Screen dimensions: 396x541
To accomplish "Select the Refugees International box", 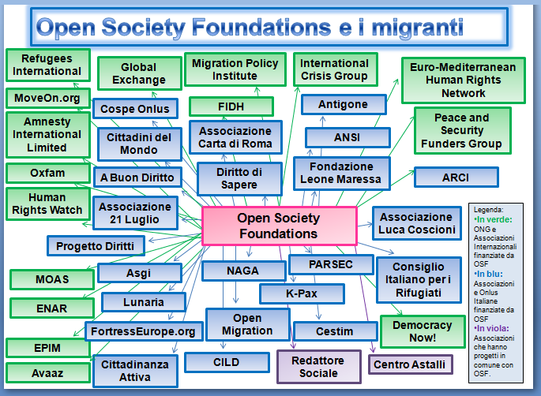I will pos(46,65).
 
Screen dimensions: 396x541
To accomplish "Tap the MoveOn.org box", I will pos(47,99).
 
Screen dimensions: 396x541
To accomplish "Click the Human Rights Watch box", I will pos(47,204).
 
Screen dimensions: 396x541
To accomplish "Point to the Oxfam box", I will pos(47,173).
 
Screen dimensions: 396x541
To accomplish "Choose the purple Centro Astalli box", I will pos(409,364).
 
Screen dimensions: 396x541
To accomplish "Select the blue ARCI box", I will pos(455,177).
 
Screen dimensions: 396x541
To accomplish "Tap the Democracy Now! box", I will pos(421,331).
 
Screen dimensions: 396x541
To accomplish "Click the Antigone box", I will pos(343,105).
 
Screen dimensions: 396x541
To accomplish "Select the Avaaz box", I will pos(47,372).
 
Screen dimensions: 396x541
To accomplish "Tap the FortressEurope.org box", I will pos(141,331).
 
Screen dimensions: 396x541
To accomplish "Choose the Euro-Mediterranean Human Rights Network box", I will pos(464,80).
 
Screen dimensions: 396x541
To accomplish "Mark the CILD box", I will pos(226,363).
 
